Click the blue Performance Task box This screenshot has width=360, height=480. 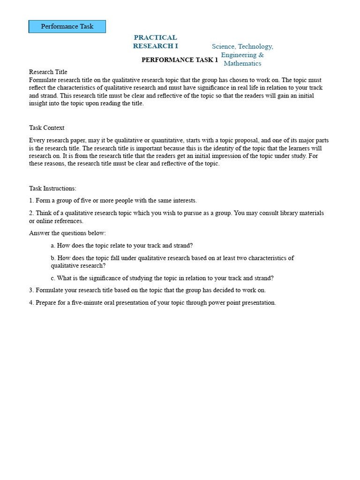[x=67, y=26]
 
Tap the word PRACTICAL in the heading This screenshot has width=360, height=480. [x=155, y=37]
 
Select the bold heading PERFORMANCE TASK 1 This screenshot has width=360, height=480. [x=180, y=60]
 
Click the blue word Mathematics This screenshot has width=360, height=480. [x=242, y=63]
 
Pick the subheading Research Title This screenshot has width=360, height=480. [x=48, y=72]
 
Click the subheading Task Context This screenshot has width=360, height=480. [x=46, y=128]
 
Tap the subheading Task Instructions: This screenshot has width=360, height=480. [x=52, y=188]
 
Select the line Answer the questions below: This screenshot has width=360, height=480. [x=67, y=233]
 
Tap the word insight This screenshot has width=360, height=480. [x=39, y=104]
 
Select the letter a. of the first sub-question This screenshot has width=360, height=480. [x=53, y=245]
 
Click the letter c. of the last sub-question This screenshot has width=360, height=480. [x=53, y=278]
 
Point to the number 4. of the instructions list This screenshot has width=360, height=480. [x=31, y=302]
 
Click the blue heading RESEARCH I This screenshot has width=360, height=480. [x=155, y=46]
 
